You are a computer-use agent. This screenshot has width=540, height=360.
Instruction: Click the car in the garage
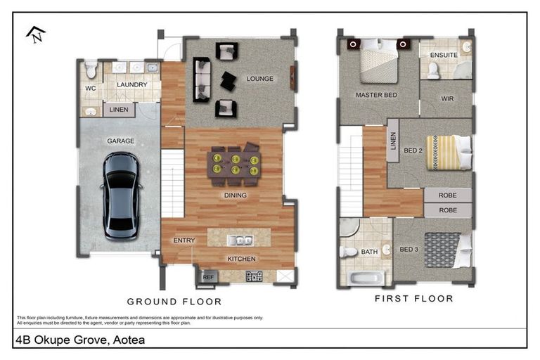pyautogui.click(x=121, y=195)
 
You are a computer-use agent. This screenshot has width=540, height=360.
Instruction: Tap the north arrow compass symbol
pyautogui.click(x=36, y=34)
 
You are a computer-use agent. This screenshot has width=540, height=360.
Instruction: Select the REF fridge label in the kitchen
pyautogui.click(x=208, y=277)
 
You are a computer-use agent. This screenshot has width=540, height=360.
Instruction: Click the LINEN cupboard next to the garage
pyautogui.click(x=119, y=110)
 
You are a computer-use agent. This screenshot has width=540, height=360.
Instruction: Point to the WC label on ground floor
pyautogui.click(x=91, y=89)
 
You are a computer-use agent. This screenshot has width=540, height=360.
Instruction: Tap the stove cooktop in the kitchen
pyautogui.click(x=254, y=276)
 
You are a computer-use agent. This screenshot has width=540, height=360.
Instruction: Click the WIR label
pyautogui.click(x=447, y=99)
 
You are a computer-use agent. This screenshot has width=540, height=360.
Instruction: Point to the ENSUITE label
pyautogui.click(x=444, y=54)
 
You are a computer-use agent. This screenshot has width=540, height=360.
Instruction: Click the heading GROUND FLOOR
pyautogui.click(x=174, y=302)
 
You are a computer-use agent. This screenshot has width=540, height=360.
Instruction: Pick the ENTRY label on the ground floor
pyautogui.click(x=184, y=240)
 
